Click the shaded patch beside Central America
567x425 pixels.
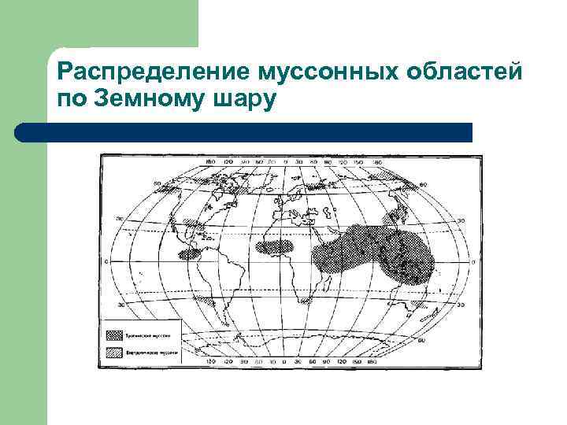188,254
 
